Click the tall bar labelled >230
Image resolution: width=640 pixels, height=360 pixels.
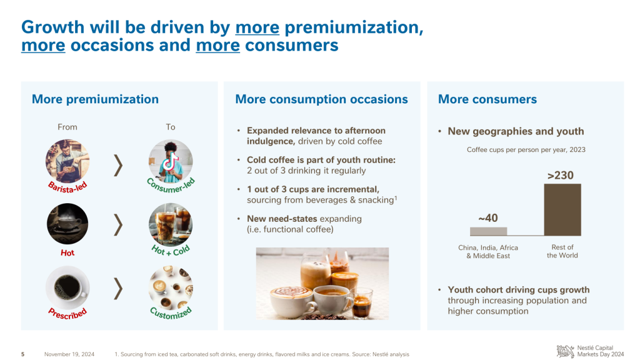[x=562, y=210]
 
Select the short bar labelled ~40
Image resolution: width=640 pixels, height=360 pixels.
[x=489, y=231]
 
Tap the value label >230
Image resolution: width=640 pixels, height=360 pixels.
[x=561, y=176]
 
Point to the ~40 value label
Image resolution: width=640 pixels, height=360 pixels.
[x=488, y=218]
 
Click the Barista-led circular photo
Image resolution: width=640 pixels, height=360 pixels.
[x=67, y=161]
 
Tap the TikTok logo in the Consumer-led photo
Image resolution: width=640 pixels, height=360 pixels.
[x=170, y=161]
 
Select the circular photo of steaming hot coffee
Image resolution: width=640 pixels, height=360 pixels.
[x=67, y=224]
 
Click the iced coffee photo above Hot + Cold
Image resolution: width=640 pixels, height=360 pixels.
[x=171, y=224]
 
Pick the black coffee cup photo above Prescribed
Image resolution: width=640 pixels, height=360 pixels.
[x=67, y=287]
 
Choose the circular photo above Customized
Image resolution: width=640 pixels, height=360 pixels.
[x=171, y=287]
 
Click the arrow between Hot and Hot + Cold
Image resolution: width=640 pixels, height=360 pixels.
[x=118, y=224]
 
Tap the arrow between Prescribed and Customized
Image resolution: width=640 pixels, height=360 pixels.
[x=118, y=289]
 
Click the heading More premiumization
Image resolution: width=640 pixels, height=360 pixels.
[x=95, y=99]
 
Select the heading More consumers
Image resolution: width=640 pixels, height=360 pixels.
[x=487, y=99]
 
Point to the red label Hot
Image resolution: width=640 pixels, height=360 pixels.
[x=67, y=252]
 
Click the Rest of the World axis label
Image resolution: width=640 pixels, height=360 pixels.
[x=562, y=251]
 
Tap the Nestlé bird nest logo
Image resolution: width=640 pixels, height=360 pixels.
[x=565, y=351]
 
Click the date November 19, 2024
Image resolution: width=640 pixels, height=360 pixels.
[x=69, y=354]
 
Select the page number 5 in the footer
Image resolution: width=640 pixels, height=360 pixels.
[x=23, y=354]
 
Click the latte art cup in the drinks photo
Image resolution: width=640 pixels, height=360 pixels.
[x=291, y=302]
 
